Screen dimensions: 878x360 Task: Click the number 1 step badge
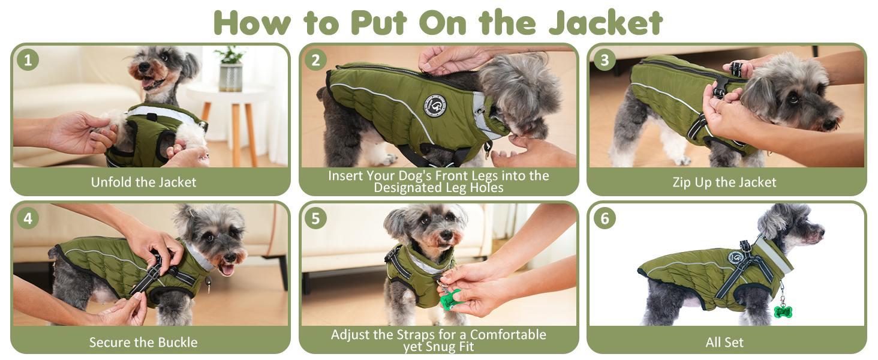click(x=28, y=60)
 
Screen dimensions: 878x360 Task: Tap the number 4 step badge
click(x=28, y=218)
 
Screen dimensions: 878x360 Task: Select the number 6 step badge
click(x=605, y=218)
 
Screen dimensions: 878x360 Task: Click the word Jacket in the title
click(x=606, y=23)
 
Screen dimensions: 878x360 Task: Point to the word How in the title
click(x=252, y=23)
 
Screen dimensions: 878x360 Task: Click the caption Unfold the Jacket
click(x=143, y=182)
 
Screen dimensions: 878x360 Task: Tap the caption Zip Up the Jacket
click(x=724, y=182)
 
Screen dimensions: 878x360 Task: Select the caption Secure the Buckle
click(x=143, y=343)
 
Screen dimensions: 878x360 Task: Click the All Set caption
click(x=724, y=343)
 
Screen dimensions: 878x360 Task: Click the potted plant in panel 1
click(x=230, y=68)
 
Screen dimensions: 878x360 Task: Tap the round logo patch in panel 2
click(x=435, y=105)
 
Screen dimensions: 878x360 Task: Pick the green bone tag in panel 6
click(x=783, y=311)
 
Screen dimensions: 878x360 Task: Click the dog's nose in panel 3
click(x=832, y=125)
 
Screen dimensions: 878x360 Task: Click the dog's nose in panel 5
click(x=446, y=235)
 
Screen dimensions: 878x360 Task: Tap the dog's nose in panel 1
click(x=143, y=67)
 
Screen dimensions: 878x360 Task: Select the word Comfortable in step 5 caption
click(x=508, y=335)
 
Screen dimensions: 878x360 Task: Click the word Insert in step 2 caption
click(x=341, y=175)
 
